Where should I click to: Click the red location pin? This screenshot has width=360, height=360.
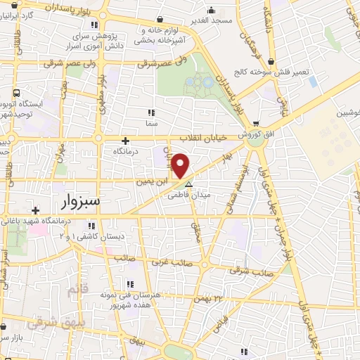180,165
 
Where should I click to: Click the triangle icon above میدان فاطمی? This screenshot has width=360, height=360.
188,184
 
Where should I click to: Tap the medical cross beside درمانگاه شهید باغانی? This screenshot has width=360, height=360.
36,210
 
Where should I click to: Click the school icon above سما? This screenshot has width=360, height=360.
150,112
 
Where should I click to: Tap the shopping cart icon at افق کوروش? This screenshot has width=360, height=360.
256,124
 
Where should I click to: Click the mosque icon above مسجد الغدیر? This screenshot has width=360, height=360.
212,11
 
